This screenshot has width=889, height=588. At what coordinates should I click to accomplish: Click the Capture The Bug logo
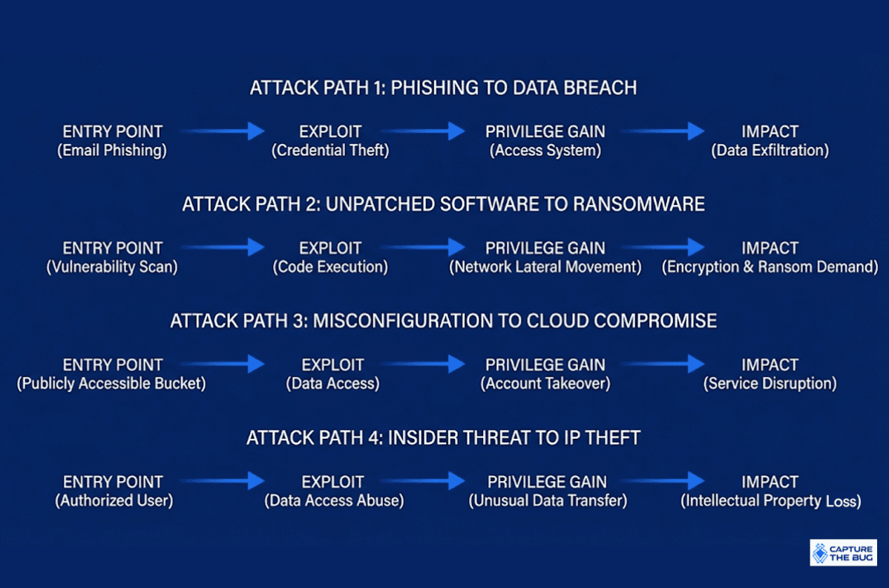[843, 552]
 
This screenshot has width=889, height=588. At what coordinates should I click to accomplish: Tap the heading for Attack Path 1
[443, 88]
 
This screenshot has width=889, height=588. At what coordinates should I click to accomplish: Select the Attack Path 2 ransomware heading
[443, 204]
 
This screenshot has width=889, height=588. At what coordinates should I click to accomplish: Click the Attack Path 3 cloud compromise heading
[443, 321]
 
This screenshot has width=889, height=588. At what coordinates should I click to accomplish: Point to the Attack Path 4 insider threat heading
[443, 438]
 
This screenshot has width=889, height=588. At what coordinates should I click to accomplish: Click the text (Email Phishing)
[112, 150]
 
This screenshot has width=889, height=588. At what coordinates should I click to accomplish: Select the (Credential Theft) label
[330, 150]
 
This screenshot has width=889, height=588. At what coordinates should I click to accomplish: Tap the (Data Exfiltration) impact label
[770, 150]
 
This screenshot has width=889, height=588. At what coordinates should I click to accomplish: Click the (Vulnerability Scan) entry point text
[112, 267]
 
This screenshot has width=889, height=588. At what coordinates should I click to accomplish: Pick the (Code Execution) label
[330, 267]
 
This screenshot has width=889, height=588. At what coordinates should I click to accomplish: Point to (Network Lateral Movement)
[545, 267]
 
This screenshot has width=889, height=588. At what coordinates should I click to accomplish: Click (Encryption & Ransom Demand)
[770, 267]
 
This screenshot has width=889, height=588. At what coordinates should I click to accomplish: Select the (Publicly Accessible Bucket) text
[112, 384]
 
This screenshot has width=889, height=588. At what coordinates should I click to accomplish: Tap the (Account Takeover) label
[545, 384]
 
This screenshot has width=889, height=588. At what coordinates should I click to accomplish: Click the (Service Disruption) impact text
[770, 384]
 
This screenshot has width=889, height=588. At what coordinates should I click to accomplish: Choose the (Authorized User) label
[114, 500]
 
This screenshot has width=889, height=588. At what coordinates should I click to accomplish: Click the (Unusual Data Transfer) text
[548, 500]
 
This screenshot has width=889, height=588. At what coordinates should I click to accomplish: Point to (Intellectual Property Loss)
[770, 500]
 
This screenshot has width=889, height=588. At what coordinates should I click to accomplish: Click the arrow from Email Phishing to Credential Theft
[223, 131]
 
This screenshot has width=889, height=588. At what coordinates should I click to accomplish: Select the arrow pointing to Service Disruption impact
[662, 364]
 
